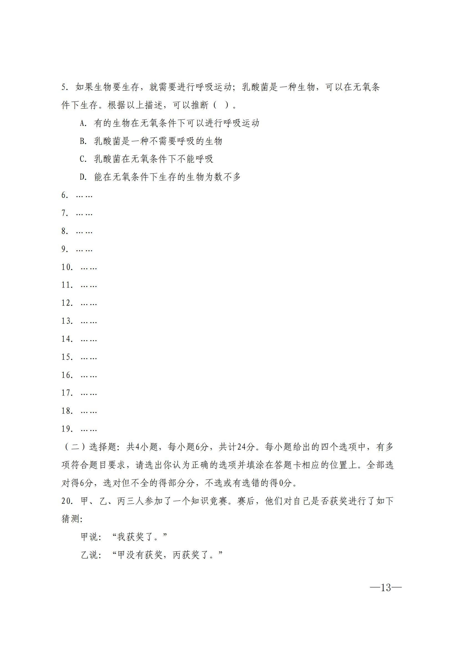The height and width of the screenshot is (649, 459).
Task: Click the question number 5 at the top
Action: tap(64, 87)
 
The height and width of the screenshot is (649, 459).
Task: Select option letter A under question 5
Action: tap(82, 123)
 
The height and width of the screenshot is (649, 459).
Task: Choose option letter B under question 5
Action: tap(82, 141)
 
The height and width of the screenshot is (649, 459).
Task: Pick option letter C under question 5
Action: tap(82, 159)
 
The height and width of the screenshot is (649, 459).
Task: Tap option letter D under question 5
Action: tap(82, 177)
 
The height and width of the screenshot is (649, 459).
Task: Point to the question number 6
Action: tap(64, 195)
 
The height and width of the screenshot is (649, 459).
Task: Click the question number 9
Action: tap(64, 249)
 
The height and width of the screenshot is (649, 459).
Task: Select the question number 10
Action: tap(67, 267)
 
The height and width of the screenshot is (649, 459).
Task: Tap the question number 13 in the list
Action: tap(67, 321)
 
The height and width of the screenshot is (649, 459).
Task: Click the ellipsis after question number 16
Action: tap(89, 376)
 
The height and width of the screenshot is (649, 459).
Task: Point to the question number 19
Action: tap(67, 429)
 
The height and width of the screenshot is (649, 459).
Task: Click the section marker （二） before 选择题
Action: tap(74, 447)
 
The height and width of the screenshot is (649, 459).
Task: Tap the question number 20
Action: tap(67, 501)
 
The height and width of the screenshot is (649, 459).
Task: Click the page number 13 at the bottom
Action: tap(386, 588)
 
